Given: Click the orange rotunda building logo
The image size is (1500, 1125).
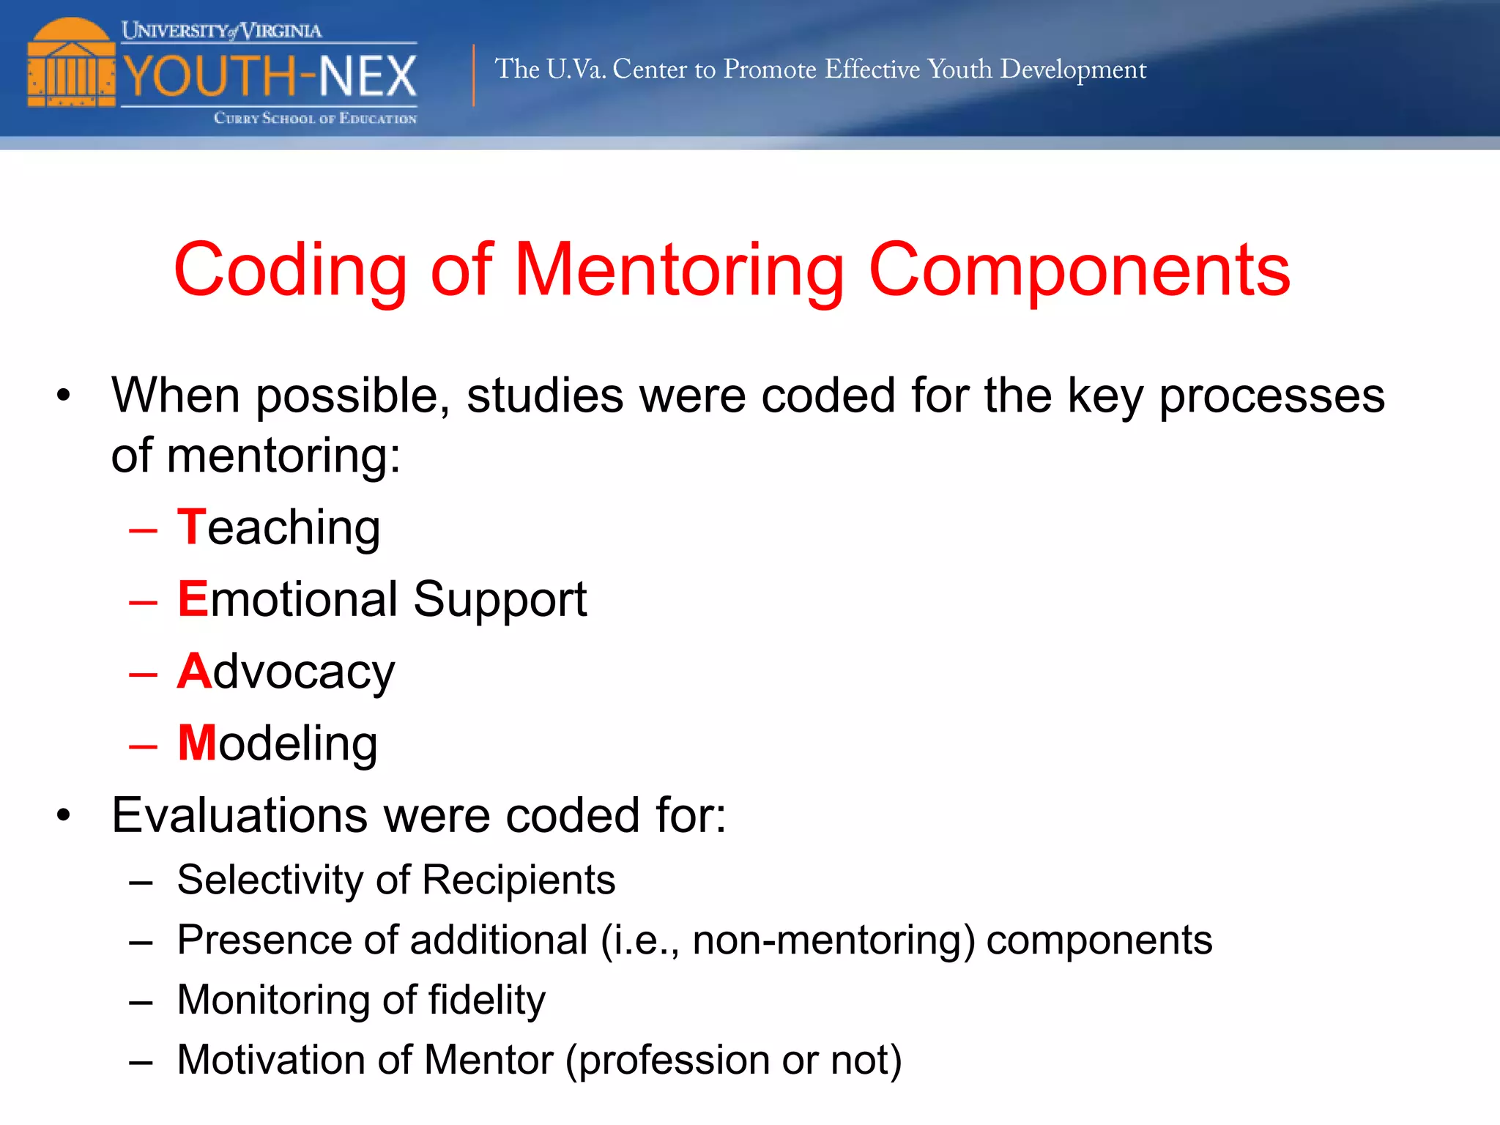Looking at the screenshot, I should tap(71, 64).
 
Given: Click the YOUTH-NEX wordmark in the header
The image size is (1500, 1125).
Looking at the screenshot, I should tap(270, 75).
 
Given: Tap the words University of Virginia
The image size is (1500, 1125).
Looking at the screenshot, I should tap(221, 30).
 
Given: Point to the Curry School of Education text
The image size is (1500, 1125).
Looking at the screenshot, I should tap(315, 118).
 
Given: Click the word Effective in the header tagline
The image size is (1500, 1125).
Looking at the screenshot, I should tap(872, 69).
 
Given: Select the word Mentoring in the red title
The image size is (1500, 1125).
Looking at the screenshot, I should tap(679, 270).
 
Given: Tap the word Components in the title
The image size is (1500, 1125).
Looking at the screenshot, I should tap(1079, 270).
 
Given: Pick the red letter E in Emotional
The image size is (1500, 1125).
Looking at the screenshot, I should tap(193, 598).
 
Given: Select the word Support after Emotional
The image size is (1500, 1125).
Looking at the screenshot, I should tap(500, 600).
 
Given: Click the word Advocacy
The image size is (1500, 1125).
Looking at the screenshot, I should tap(286, 671).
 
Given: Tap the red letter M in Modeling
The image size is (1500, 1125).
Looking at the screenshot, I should tap(197, 743).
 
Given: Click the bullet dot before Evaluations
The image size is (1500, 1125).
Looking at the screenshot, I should tap(64, 814).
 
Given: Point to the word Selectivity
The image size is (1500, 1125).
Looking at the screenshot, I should tap(270, 879).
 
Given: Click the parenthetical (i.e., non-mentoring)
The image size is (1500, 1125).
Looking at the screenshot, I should tap(788, 940).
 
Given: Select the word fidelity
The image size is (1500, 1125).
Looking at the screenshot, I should tap(486, 1000).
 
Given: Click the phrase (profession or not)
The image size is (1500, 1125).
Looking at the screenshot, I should tap(733, 1060).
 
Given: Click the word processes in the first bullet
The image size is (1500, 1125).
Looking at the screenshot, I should tap(1271, 396).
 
